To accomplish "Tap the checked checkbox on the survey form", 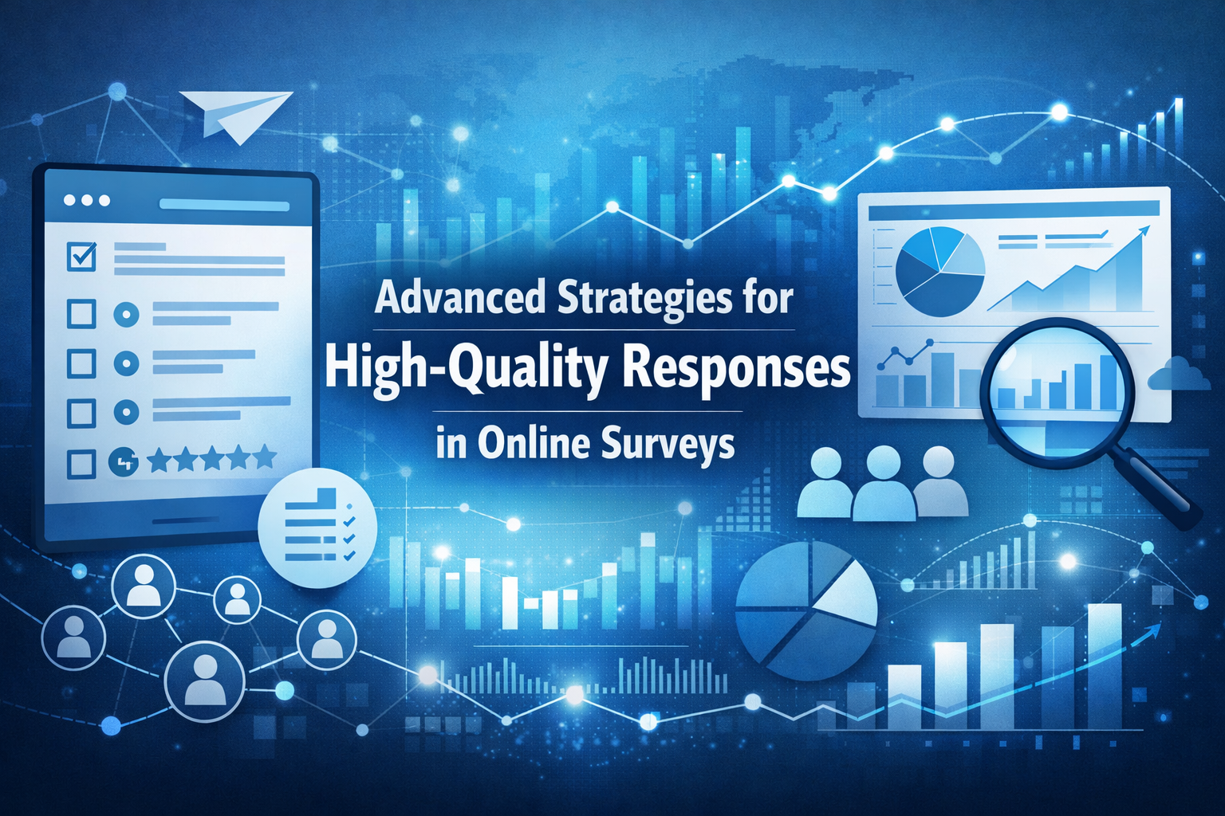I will pyautogui.click(x=82, y=257).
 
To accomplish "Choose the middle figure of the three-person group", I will pyautogui.click(x=883, y=484).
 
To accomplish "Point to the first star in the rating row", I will pyautogui.click(x=160, y=459).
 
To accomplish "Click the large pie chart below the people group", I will pyautogui.click(x=806, y=610).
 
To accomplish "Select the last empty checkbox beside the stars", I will pyautogui.click(x=81, y=464).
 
